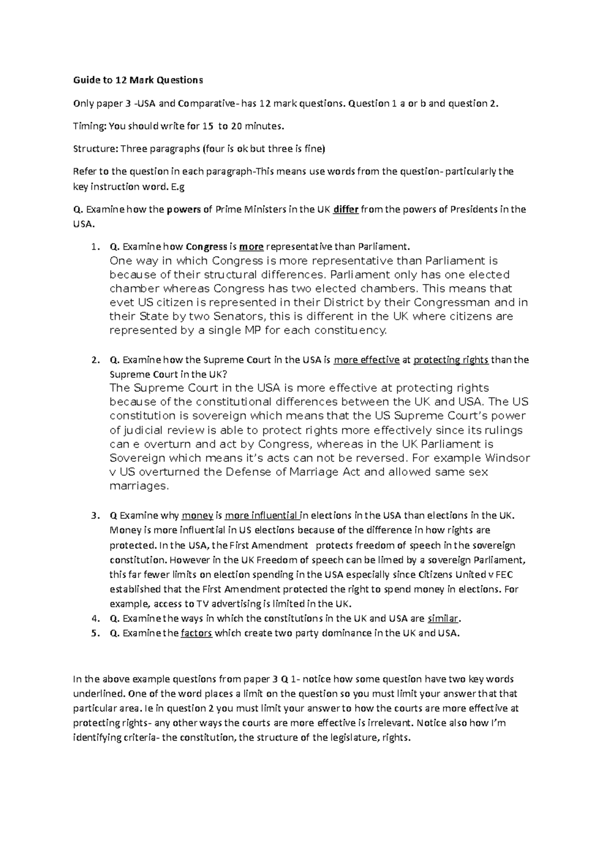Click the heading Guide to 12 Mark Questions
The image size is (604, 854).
click(138, 80)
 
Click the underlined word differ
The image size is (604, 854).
click(346, 210)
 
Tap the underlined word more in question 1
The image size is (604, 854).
click(251, 247)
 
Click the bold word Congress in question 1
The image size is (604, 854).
click(206, 247)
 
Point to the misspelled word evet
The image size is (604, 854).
click(122, 303)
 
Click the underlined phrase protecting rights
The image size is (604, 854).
click(450, 360)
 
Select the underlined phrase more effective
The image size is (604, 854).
click(366, 360)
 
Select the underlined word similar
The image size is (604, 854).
click(443, 619)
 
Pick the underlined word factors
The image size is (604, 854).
click(196, 633)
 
